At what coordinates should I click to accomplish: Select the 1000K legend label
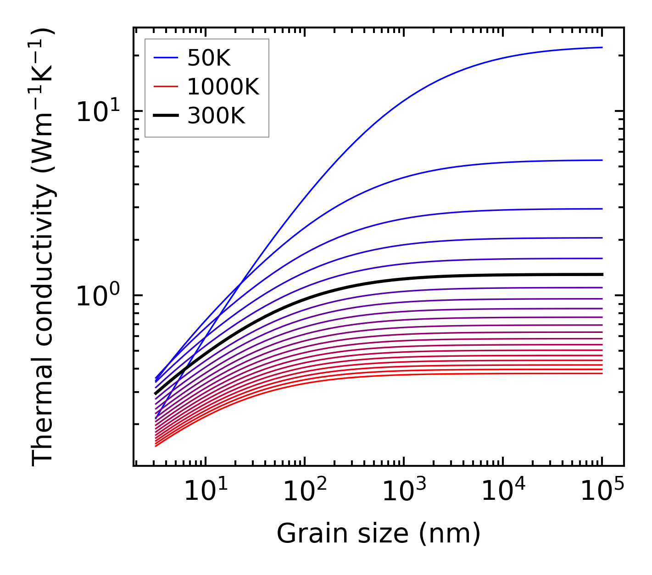(223, 87)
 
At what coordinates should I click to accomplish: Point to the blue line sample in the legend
(165, 58)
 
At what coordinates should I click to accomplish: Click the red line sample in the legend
(165, 87)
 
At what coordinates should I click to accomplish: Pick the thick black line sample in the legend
(165, 116)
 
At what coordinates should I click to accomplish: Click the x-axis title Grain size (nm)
(379, 534)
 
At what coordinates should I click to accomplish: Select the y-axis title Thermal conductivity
(43, 248)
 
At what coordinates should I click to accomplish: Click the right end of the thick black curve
(602, 275)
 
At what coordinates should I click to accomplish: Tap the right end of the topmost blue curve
(602, 47)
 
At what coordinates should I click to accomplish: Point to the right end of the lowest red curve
(602, 373)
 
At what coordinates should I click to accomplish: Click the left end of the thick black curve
(156, 393)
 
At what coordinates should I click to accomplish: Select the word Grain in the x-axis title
(305, 534)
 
